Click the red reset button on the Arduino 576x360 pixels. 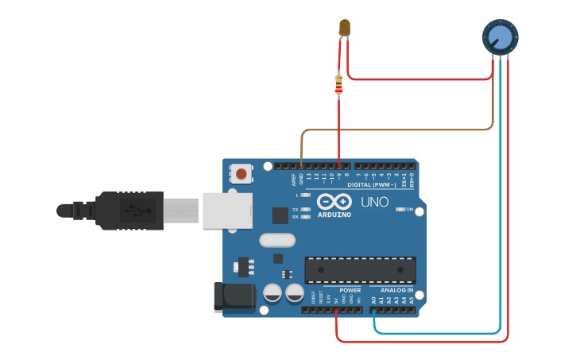[x=241, y=173]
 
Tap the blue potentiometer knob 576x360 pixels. [x=500, y=36]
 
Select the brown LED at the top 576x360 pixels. [x=344, y=28]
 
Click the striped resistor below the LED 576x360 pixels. [x=339, y=83]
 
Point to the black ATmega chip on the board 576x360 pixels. [x=360, y=270]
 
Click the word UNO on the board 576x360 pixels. [x=374, y=202]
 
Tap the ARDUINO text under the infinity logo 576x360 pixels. [x=334, y=215]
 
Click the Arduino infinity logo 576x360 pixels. [x=334, y=201]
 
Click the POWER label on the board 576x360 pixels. [x=350, y=290]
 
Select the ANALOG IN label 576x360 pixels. [x=396, y=290]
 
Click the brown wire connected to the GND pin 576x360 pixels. [x=397, y=129]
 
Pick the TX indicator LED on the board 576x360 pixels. [x=306, y=210]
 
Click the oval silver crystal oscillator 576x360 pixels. [x=276, y=239]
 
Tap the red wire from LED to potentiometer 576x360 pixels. [x=421, y=79]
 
